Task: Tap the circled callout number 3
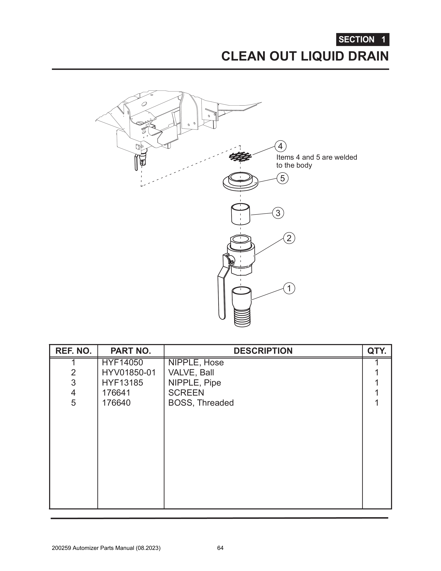[278, 213]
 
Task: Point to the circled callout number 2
[289, 238]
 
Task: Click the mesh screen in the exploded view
[240, 157]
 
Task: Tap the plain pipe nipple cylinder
[241, 214]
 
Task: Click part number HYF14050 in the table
[122, 362]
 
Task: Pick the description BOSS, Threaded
[201, 403]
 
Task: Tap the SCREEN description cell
[186, 392]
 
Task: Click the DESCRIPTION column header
[263, 351]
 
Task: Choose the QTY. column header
[377, 351]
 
